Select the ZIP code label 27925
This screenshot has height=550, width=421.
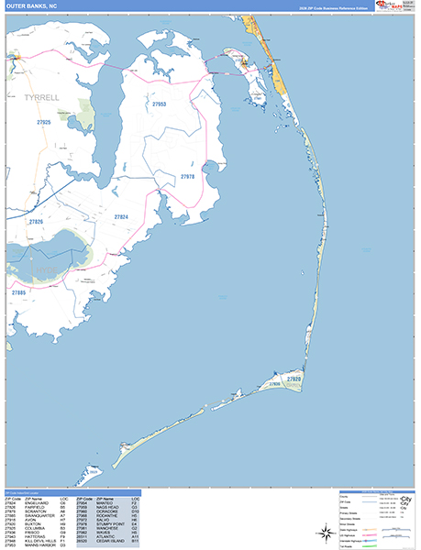[44, 122]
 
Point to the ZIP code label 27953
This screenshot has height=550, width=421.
[160, 105]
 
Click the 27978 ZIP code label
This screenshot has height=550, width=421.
[187, 176]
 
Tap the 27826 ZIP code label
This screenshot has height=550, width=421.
[36, 222]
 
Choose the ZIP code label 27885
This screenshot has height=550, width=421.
[18, 292]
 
